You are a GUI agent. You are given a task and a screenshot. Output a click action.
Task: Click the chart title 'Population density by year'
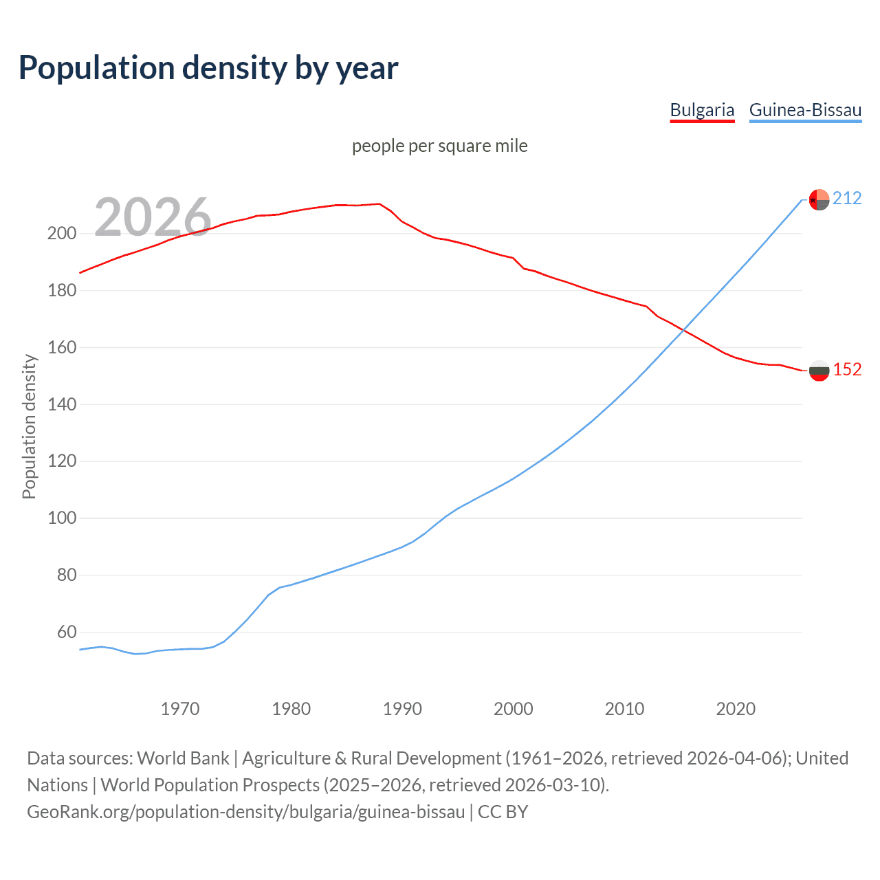point(208,68)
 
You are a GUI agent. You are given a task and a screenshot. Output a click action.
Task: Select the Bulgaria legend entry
point(702,110)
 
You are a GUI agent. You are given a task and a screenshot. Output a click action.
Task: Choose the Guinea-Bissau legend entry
point(805,110)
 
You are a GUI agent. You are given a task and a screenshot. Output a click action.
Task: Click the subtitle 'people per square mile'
point(439,146)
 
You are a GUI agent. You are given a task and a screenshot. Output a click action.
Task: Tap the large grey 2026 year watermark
point(153,217)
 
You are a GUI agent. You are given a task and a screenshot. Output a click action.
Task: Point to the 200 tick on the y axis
point(62,234)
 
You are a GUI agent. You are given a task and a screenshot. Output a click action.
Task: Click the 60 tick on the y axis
point(67,632)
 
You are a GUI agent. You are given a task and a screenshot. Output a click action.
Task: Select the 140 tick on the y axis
point(62,404)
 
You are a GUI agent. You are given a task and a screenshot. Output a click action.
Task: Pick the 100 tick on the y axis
point(62,518)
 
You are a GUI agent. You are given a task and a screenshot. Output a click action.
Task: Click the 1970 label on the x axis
point(180,709)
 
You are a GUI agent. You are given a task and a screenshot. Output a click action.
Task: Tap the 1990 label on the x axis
point(402,709)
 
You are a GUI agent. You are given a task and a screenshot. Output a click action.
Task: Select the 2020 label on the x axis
point(736,709)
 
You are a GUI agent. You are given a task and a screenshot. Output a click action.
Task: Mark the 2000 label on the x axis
point(514,709)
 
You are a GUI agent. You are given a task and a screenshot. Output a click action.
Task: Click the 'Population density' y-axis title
point(29,426)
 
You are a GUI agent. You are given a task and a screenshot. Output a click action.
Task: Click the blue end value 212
point(847,199)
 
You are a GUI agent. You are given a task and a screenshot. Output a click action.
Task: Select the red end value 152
point(847,370)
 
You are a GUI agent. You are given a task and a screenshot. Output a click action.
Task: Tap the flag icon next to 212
point(819,199)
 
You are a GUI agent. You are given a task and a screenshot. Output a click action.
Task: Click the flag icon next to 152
point(819,371)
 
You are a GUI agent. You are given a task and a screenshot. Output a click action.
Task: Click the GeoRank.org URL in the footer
point(246,812)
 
